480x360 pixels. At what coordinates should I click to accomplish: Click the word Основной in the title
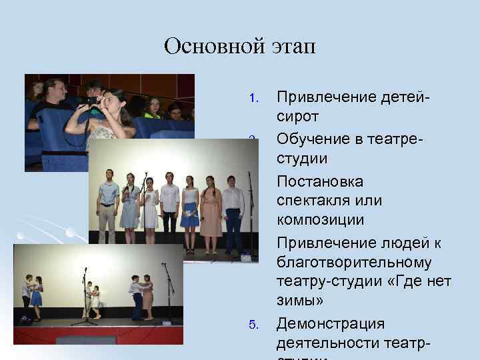(x=213, y=47)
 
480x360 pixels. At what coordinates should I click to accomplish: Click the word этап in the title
(x=292, y=47)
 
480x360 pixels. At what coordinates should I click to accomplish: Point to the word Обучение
(x=310, y=139)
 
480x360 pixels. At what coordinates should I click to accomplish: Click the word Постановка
(x=320, y=181)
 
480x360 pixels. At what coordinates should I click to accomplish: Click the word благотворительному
(x=354, y=263)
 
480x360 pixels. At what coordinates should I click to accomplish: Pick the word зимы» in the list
(x=300, y=301)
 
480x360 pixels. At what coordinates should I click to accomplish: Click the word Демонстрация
(x=331, y=324)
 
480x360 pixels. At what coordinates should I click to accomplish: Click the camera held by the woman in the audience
(x=90, y=101)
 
